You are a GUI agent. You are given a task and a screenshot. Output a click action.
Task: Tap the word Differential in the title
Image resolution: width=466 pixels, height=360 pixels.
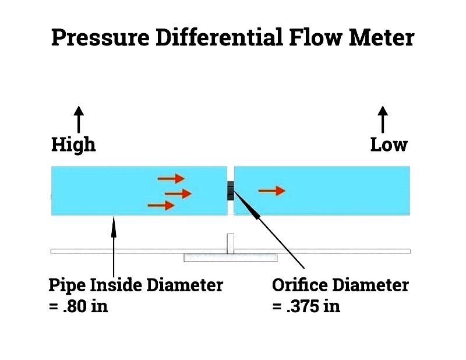pos(216,38)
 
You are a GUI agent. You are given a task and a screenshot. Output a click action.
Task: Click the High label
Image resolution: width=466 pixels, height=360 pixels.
pos(73,144)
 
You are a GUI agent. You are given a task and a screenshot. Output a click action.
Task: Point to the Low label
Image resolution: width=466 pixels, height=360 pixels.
pos(389,144)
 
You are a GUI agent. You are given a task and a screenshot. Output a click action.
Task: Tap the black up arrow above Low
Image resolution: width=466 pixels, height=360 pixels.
pos(383,119)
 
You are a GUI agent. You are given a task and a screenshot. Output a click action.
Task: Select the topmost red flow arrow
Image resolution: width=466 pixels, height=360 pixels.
pos(171,178)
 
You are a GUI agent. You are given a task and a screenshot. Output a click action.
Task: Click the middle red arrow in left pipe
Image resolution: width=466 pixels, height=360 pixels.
pos(178,193)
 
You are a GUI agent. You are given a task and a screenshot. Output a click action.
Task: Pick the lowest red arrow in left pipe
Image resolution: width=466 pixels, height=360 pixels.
pos(161,205)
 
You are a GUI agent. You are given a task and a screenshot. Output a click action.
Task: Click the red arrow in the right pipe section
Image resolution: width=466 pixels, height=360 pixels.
pos(272,190)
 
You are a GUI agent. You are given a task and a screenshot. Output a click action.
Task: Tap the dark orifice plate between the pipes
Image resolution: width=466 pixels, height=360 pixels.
pos(231,190)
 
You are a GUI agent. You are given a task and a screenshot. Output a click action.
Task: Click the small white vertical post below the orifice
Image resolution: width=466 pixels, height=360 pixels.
pos(231,243)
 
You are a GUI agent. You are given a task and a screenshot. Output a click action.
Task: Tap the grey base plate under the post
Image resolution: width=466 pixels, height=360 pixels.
pos(231,257)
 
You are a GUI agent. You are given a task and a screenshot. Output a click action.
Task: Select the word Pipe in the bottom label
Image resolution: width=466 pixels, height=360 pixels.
pos(63,285)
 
